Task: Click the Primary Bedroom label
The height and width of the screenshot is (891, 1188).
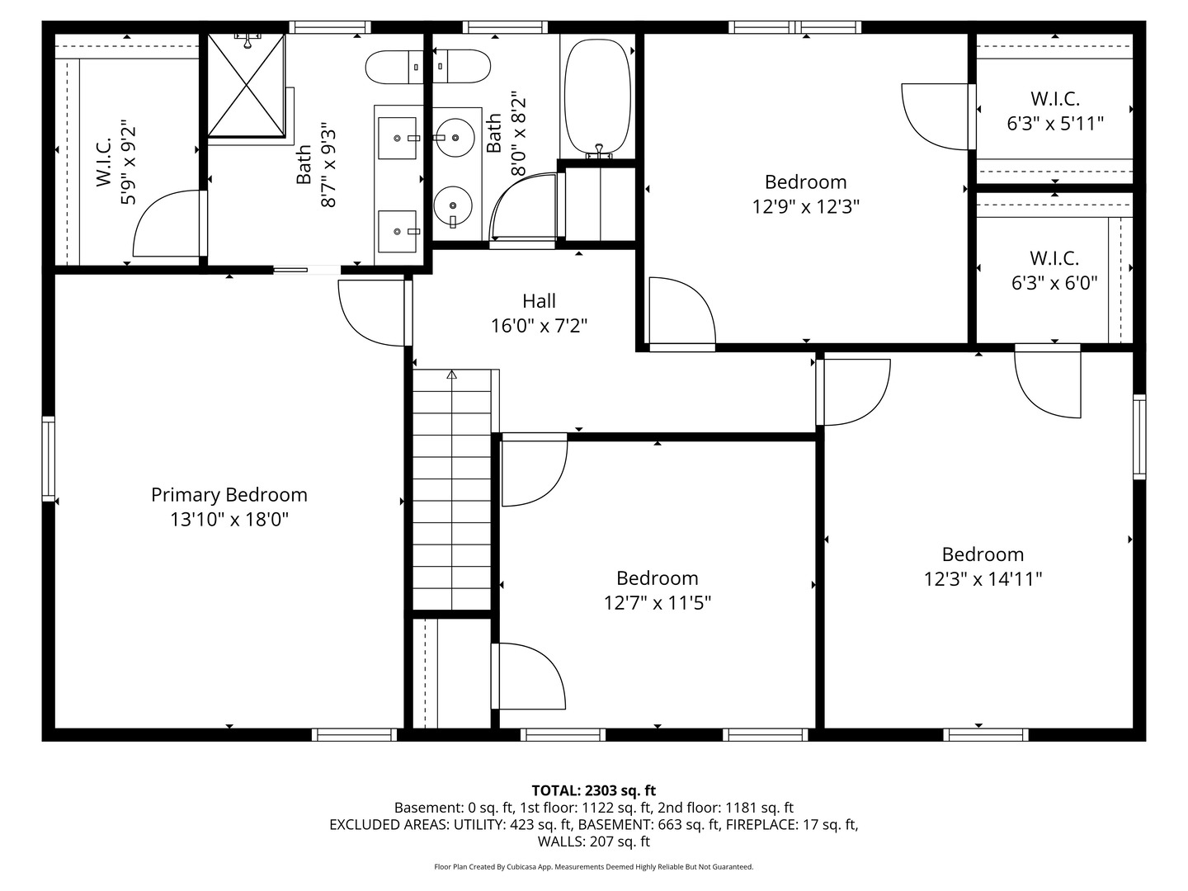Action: coord(229,494)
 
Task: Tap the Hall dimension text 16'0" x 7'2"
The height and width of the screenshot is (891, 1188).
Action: coord(539,326)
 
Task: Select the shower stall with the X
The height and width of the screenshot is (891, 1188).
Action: coord(246,86)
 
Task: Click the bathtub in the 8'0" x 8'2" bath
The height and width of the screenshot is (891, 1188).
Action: coord(597,98)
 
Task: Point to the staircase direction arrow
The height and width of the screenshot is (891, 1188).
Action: coord(452,375)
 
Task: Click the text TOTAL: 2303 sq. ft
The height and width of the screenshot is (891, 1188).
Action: coord(594,790)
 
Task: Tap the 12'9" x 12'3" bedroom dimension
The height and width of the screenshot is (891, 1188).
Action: coord(806,206)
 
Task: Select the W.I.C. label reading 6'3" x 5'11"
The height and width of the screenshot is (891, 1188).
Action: coord(1055,111)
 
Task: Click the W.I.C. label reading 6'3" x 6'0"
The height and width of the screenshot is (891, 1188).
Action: coord(1055,270)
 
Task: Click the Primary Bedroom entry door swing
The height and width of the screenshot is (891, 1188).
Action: coord(372,313)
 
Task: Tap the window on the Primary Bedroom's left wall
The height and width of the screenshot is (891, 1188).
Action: coord(49,459)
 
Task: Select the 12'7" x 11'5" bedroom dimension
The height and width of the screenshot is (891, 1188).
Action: coord(658,602)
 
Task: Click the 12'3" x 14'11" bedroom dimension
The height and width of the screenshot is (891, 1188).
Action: coord(983,579)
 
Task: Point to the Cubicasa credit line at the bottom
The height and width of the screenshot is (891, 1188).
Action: coord(594,866)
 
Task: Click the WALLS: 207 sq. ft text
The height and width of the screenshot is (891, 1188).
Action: coord(594,841)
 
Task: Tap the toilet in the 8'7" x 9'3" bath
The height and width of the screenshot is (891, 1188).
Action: coord(395,67)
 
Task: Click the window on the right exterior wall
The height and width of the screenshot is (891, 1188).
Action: coord(1139,437)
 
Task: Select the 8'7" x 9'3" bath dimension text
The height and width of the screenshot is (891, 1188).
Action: coord(328,167)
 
